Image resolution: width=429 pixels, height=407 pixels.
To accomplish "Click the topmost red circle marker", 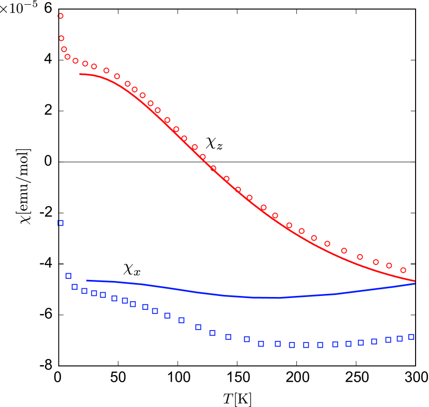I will [60, 16].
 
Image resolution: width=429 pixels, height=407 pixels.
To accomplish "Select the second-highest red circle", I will [61, 38].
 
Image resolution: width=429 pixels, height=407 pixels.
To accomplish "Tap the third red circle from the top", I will [64, 50].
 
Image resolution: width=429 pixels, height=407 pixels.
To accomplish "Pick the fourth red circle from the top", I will [68, 57].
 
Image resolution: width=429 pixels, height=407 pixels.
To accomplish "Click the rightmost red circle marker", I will [403, 270].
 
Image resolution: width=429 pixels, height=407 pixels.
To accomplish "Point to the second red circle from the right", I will [389, 265].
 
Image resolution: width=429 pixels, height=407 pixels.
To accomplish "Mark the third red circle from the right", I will [376, 262].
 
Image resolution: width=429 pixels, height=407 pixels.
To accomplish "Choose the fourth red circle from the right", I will [360, 257].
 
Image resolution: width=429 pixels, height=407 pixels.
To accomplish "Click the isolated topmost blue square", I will [60, 223].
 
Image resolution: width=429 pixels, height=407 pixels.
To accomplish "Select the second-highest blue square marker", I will [69, 276].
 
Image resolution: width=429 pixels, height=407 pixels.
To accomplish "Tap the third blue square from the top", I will [74, 287].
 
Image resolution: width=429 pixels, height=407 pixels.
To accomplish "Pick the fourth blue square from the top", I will [84, 291].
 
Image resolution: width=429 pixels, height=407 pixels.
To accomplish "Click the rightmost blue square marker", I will [411, 337].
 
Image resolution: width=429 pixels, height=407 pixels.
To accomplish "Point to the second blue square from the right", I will [400, 339].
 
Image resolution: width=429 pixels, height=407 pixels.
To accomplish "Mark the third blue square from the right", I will [388, 340].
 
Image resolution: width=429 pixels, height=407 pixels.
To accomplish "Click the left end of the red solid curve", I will [80, 74].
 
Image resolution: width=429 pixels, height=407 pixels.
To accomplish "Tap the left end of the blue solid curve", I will [87, 280].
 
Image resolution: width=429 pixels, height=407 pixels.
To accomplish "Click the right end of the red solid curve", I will [415, 281].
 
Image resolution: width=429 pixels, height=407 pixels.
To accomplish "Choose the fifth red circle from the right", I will [344, 251].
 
